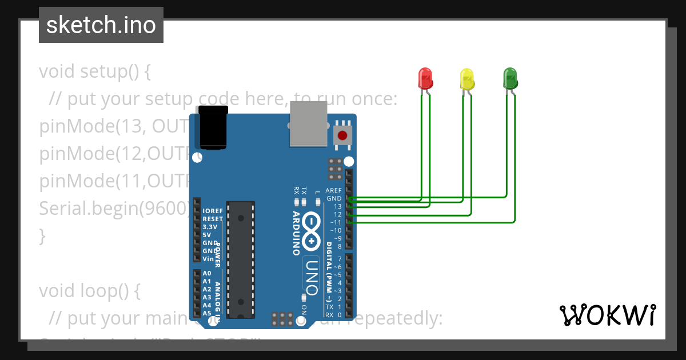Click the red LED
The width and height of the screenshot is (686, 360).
[425, 78]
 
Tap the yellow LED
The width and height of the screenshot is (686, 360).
[467, 78]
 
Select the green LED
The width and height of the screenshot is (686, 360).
[509, 78]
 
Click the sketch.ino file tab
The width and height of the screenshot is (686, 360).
[101, 25]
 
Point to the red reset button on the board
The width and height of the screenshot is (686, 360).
[342, 136]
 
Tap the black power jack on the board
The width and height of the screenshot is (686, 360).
[213, 127]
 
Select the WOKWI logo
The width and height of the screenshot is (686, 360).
[607, 315]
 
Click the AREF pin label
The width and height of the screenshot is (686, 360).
[333, 190]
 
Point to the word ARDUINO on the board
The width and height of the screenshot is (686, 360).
[297, 233]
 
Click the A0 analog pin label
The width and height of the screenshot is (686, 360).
[207, 273]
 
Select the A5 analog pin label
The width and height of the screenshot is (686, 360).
[207, 313]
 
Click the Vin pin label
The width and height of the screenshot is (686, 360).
[208, 258]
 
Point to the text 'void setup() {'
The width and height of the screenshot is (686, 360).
[95, 72]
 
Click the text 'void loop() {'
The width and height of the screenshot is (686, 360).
[90, 291]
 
